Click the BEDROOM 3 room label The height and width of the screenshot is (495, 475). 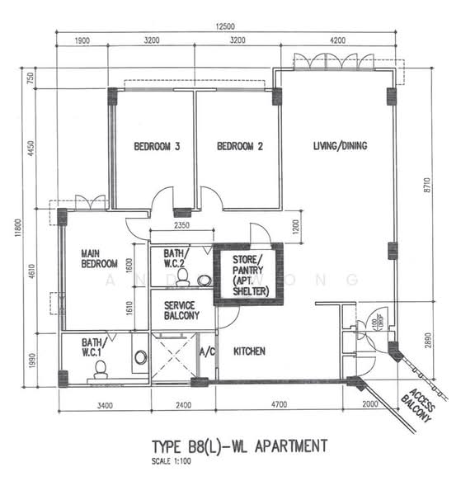pos(158,147)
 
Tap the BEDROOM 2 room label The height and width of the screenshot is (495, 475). pos(240,147)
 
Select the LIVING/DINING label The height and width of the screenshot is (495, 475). pos(340,146)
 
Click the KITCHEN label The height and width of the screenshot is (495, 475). pos(249,351)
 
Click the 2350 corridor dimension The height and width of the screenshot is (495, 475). pos(180,224)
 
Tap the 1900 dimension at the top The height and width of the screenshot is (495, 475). pos(82,40)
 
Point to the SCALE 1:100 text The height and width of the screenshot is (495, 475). pos(175,460)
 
